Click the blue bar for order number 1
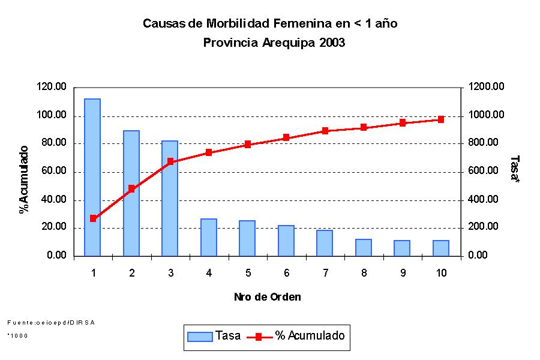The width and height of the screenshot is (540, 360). tap(92, 178)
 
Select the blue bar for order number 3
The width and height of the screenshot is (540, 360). tap(170, 199)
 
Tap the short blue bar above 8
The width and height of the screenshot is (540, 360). tap(364, 248)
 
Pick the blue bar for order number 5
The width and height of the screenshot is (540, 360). tap(247, 239)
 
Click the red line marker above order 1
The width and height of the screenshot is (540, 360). tap(93, 218)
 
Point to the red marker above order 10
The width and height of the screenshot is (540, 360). tap(441, 119)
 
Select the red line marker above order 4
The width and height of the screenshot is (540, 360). tap(209, 152)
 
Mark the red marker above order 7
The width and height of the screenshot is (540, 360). tap(325, 131)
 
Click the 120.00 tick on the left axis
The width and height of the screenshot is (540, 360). tap(52, 87)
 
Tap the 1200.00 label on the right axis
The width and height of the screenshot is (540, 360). tap(487, 87)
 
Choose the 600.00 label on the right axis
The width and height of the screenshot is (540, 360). tap(484, 172)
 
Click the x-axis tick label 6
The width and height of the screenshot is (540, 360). tap(286, 273)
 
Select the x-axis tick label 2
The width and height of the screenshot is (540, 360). tap(131, 273)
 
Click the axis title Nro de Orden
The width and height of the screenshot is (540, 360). tap(267, 297)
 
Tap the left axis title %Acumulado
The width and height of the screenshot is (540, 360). tap(24, 179)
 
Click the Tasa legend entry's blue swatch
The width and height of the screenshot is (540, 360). tap(200, 337)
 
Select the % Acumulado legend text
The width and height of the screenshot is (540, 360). tap(310, 336)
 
